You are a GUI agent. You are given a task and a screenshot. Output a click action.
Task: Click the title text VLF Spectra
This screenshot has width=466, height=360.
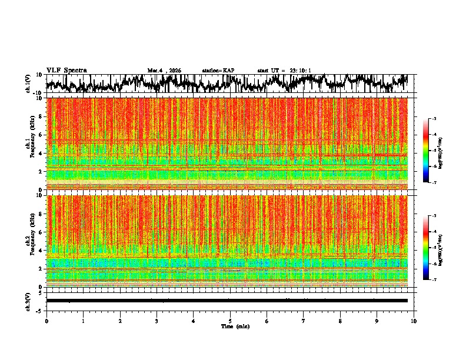[x=66, y=70]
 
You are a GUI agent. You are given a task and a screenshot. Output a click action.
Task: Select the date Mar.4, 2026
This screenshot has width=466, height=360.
[x=164, y=71]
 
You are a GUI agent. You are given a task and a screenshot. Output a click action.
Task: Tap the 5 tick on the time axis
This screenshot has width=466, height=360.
[x=230, y=321]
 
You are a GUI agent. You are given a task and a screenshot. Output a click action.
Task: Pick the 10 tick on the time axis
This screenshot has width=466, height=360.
[x=414, y=321]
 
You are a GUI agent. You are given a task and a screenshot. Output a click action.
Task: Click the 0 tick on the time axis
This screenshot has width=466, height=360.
[x=46, y=321]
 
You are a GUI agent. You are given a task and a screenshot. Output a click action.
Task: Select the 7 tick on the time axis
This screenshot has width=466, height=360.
[x=304, y=321]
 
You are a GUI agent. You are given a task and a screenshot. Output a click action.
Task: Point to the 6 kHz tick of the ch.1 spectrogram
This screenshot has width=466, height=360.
[x=42, y=135]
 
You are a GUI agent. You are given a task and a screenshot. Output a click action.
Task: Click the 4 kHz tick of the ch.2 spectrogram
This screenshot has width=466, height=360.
[x=42, y=251]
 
